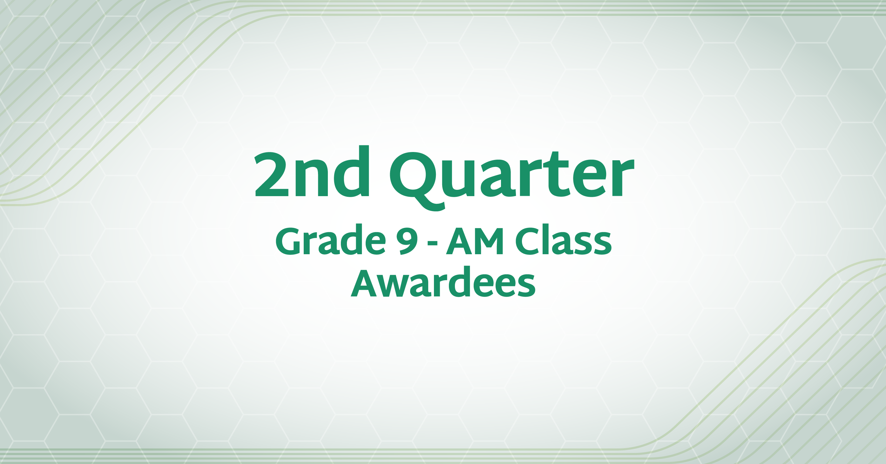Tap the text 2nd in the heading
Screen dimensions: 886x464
312,171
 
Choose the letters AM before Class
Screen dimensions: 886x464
475,242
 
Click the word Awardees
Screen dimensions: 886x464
443,282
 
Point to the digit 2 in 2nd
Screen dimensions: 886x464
271,175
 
